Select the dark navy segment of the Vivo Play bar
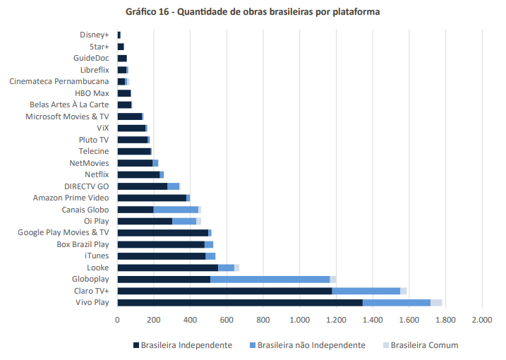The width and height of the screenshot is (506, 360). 239,302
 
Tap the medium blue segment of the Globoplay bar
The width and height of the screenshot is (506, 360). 270,279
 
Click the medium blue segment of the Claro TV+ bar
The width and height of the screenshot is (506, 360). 366,290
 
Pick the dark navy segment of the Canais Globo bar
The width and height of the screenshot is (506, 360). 135,209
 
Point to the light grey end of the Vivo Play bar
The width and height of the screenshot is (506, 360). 436,302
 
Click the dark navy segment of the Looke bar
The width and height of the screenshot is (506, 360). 167,268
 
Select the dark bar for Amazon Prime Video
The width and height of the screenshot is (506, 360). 151,198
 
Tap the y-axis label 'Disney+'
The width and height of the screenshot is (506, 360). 95,35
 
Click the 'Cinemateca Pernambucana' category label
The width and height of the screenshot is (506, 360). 59,81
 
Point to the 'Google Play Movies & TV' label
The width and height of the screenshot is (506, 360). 64,232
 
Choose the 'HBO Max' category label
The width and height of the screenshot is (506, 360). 92,93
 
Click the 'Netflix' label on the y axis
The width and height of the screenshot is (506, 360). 97,174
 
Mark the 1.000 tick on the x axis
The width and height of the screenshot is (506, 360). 299,320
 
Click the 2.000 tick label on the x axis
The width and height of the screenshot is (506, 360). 481,320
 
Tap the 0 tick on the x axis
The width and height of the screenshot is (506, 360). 117,320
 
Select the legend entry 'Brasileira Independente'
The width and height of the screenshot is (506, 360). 182,345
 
